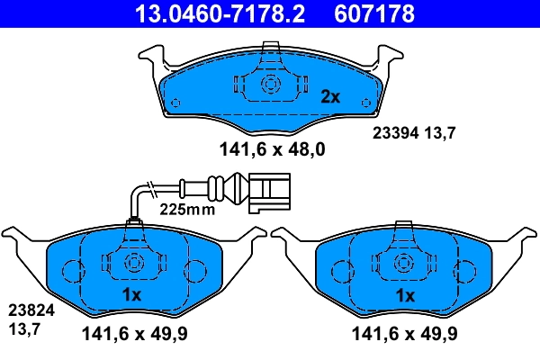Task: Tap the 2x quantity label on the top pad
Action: (330, 95)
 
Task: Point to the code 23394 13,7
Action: (415, 131)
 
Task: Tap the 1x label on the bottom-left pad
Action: (131, 294)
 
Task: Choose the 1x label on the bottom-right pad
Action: (405, 294)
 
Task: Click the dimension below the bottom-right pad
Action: (405, 334)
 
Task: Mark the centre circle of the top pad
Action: (269, 84)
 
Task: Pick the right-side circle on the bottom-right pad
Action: (465, 270)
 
